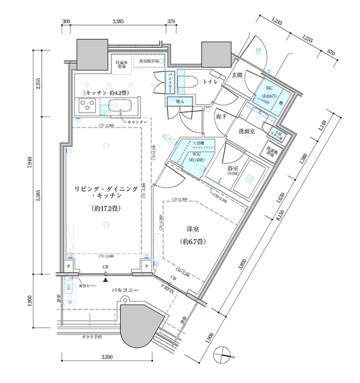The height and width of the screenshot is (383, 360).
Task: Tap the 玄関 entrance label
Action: pyautogui.click(x=236, y=75)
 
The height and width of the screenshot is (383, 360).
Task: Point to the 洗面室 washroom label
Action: pyautogui.click(x=249, y=131)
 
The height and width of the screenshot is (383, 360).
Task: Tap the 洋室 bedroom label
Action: pyautogui.click(x=193, y=229)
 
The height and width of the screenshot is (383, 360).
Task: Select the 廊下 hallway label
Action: pyautogui.click(x=220, y=116)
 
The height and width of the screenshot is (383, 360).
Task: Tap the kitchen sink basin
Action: pyautogui.click(x=123, y=108)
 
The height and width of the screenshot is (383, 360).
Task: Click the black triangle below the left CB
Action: pyautogui.click(x=106, y=279)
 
